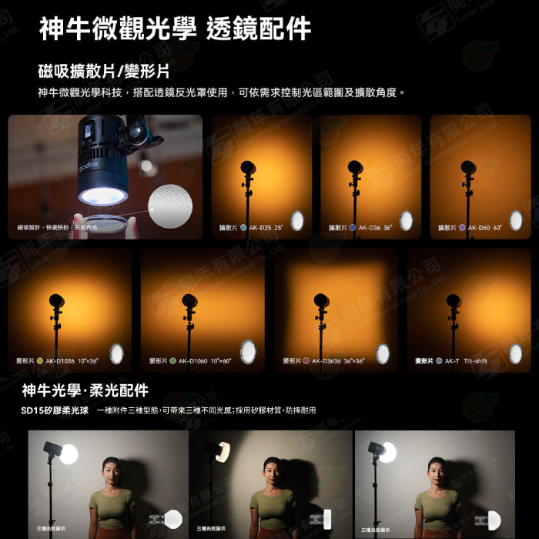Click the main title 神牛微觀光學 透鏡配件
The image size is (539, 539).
(176, 29)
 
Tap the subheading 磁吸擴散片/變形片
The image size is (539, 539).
(103, 72)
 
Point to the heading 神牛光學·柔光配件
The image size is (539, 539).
(85, 390)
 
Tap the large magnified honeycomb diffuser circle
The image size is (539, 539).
(170, 206)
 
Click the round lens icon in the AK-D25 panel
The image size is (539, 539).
(297, 221)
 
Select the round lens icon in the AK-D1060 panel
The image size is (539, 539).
(248, 352)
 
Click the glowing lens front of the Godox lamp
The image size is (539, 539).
(103, 196)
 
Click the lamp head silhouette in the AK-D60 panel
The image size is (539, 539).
(468, 168)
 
